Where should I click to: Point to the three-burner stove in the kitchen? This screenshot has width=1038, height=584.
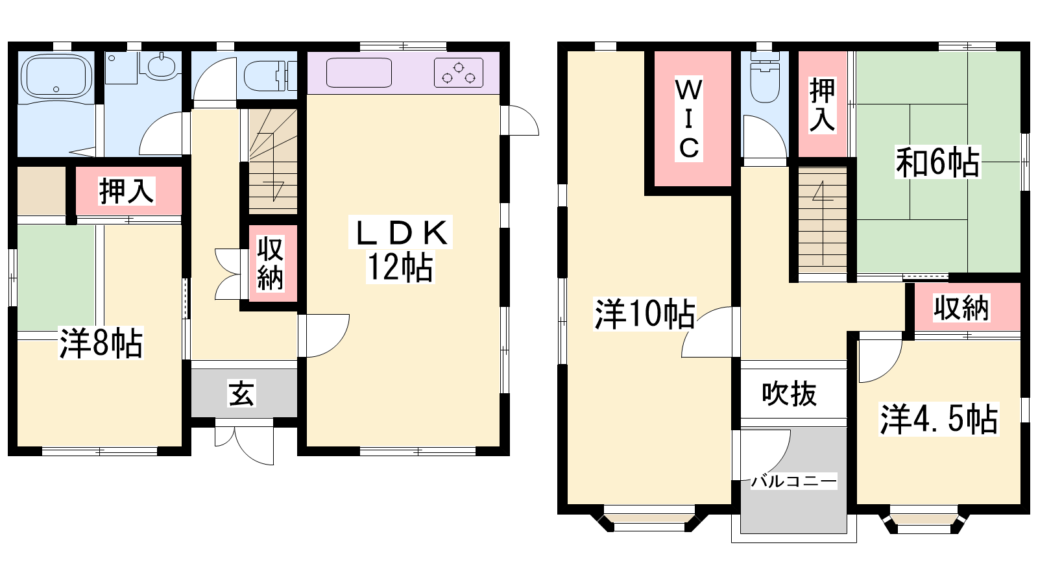coord(458,73)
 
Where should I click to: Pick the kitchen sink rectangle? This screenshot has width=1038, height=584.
coord(359,73)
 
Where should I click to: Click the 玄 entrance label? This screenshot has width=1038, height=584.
coord(241,393)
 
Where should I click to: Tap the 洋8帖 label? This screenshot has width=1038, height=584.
coord(101,343)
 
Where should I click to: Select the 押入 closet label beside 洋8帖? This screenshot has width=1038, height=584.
coord(126,191)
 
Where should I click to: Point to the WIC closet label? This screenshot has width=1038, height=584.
coord(688,119)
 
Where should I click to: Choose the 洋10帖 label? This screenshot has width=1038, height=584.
coord(645,314)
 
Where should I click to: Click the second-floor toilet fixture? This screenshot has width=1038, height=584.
coord(764,77)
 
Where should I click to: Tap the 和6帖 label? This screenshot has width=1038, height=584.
coord(937,162)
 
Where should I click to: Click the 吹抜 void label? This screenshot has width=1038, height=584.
coord(789,394)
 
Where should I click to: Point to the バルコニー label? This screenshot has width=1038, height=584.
coord(794,481)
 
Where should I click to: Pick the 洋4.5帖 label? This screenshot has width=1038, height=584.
coord(939,419)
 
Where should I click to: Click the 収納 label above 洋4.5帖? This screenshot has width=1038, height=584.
coord(961,308)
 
